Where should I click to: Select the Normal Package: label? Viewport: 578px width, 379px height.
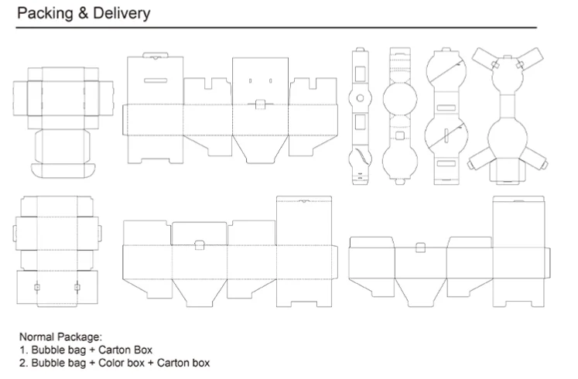point(60,337)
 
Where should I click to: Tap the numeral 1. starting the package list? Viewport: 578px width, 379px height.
point(23,350)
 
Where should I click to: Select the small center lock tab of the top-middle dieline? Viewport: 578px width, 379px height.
point(261,104)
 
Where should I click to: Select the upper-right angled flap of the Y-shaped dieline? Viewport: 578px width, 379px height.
point(535,59)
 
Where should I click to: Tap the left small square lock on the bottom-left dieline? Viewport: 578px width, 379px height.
point(36,287)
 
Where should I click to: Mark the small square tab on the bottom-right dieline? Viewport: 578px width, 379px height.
point(420,248)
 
